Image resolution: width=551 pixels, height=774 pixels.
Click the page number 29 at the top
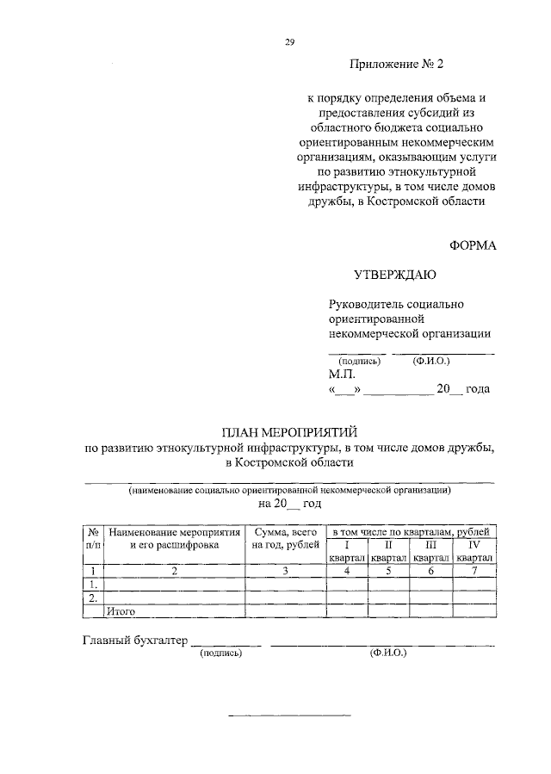tap(290, 41)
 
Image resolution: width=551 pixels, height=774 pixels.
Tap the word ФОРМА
tap(473, 245)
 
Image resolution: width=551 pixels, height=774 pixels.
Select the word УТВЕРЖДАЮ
tap(395, 276)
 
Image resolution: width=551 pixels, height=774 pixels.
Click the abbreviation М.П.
tap(340, 375)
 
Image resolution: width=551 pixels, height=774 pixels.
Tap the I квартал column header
tap(347, 551)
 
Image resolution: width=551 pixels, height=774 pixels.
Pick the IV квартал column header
tap(474, 551)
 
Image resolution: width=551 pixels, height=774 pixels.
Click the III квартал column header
tap(431, 551)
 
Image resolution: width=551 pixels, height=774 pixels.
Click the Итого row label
tap(121, 610)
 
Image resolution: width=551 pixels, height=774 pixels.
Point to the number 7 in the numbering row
tap(474, 570)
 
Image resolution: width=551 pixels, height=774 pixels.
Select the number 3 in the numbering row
tap(286, 570)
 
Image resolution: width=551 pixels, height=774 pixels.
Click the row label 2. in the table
tap(93, 597)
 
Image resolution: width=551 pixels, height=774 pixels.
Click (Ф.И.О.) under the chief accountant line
tap(389, 653)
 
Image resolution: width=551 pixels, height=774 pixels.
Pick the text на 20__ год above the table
tap(289, 504)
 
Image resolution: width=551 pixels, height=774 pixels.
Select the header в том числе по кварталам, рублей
tap(410, 533)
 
